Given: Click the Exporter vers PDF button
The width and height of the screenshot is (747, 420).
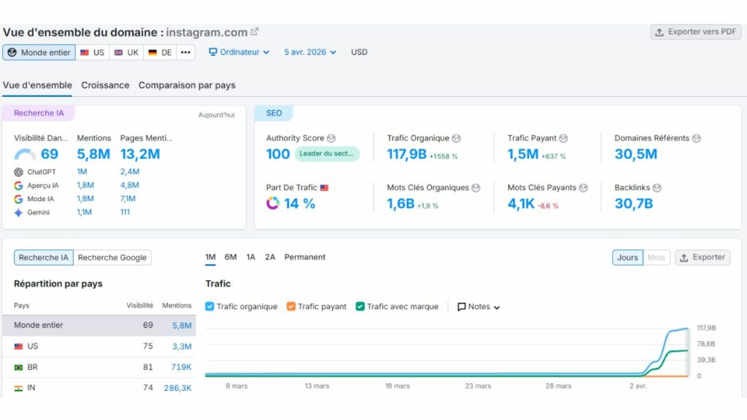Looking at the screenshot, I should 695,32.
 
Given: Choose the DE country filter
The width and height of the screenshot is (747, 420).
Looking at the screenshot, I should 160,52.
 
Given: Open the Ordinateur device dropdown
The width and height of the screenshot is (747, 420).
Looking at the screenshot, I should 239,52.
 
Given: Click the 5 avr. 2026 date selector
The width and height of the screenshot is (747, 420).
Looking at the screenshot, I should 310,52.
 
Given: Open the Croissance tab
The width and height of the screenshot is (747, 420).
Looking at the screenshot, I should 105,85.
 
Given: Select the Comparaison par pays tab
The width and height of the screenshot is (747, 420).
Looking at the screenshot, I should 187,85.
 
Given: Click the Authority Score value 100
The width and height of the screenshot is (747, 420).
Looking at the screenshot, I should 278,154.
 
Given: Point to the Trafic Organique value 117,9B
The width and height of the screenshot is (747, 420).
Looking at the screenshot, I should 406,154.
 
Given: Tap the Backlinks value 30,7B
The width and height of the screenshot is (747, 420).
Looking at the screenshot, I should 633,203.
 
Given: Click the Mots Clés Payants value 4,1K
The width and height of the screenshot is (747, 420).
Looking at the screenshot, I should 521,203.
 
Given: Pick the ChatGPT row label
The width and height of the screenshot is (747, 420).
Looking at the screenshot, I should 42,172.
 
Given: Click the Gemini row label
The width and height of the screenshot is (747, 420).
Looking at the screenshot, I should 39,212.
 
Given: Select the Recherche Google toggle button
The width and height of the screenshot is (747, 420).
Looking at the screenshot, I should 112,257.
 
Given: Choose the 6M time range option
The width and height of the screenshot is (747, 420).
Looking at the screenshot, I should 231,257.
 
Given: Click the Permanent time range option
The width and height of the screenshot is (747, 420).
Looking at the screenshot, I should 305,257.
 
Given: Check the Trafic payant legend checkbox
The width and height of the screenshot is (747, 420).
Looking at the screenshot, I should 291,307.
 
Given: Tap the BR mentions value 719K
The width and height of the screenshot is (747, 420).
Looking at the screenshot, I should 182,367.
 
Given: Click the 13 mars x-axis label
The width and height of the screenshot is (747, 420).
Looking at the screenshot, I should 317,386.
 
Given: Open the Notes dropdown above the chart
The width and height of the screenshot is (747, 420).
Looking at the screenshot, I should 479,307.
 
